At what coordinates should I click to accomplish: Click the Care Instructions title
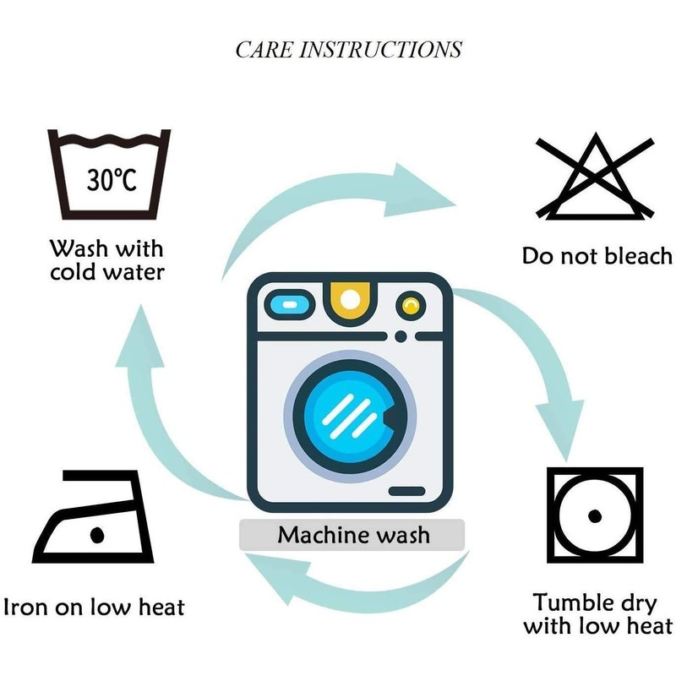(348, 50)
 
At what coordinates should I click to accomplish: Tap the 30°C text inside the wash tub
(112, 180)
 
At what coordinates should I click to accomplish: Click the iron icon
(93, 516)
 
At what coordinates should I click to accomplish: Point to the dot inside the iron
(97, 535)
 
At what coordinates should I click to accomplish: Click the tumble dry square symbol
(595, 515)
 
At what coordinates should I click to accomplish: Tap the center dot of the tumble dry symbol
(595, 515)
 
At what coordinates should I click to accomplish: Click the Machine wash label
(353, 535)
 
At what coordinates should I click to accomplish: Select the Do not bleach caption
(597, 256)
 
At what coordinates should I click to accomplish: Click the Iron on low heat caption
(94, 607)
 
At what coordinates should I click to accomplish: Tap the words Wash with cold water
(107, 260)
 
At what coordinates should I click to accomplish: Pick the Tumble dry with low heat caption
(597, 614)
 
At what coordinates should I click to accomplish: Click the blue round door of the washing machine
(350, 417)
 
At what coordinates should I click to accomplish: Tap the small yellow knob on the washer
(411, 306)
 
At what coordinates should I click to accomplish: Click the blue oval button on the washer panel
(290, 305)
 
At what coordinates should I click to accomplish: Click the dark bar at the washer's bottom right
(407, 491)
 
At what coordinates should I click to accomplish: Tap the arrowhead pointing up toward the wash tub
(140, 339)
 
